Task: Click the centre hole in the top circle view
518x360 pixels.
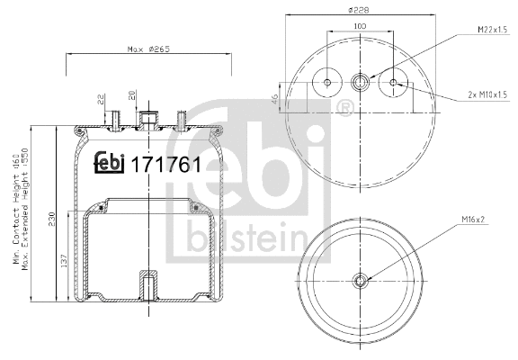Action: pyautogui.click(x=360, y=84)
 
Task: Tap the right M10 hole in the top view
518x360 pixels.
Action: pyautogui.click(x=393, y=84)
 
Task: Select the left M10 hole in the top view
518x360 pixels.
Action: pyautogui.click(x=326, y=84)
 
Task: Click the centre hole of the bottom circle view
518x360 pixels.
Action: pyautogui.click(x=360, y=280)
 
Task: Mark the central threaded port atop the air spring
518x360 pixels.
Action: pyautogui.click(x=148, y=119)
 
